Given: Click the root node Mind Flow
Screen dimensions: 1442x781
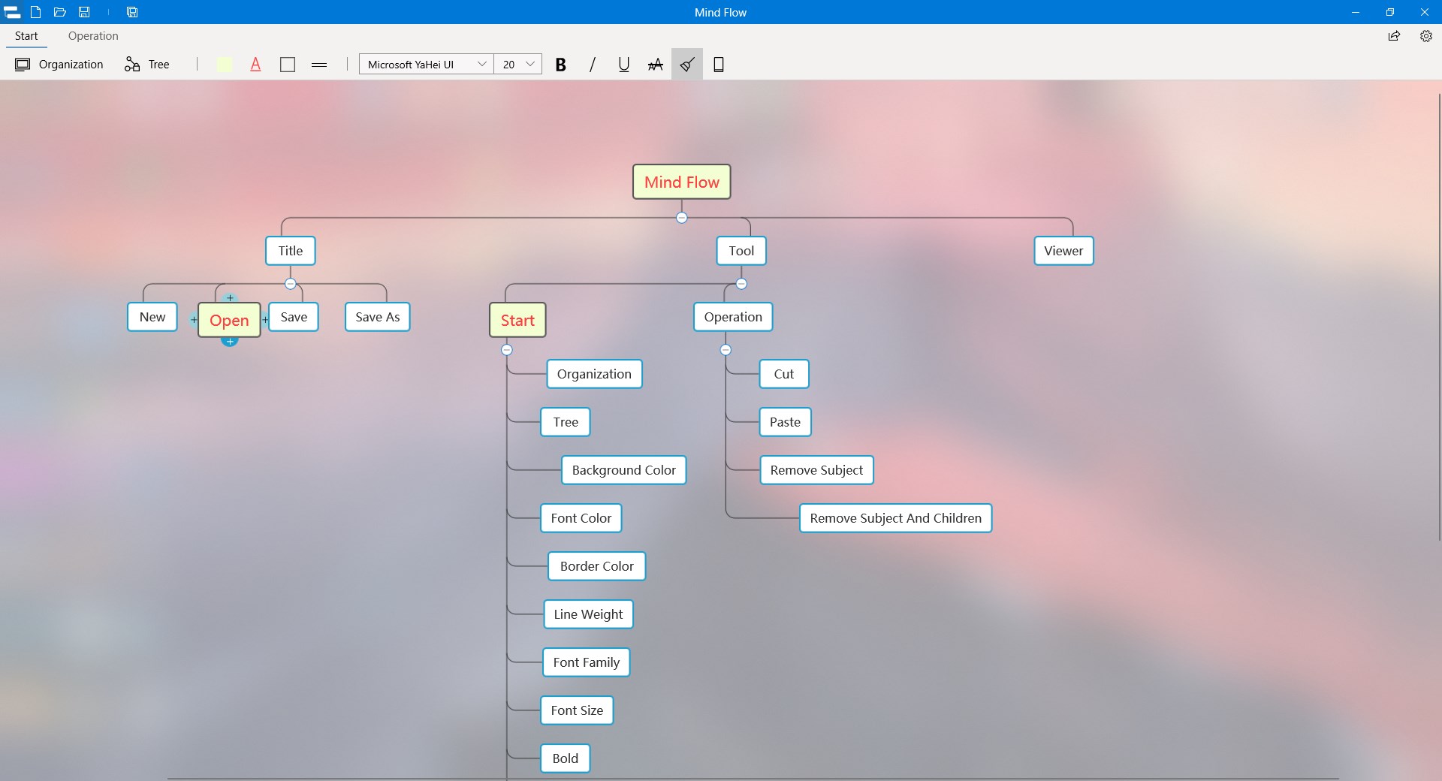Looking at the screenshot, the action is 681,182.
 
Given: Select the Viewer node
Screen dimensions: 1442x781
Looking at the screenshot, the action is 1063,251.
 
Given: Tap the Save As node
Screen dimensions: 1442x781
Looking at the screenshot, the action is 377,317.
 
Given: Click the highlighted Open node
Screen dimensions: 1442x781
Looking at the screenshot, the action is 229,320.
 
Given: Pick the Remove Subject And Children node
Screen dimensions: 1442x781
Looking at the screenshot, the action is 895,518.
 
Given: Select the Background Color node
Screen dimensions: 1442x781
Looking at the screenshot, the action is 623,470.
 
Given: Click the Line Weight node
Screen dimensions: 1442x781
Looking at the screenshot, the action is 588,614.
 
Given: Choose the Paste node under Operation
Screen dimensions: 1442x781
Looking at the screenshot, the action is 785,422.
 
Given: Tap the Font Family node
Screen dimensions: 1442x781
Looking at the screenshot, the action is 586,662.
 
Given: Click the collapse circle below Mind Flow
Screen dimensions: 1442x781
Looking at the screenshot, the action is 681,218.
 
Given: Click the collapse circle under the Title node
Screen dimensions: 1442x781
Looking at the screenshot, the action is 291,284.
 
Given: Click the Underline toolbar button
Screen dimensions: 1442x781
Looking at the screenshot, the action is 623,65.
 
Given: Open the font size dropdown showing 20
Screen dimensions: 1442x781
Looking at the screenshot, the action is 517,65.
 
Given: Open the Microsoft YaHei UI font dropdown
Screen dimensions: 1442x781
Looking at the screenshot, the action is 426,65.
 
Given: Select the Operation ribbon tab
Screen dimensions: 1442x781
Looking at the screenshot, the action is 93,36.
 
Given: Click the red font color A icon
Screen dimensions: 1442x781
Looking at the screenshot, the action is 255,65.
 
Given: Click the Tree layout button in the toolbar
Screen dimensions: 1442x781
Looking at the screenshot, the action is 147,65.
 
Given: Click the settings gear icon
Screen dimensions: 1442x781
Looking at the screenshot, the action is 1425,36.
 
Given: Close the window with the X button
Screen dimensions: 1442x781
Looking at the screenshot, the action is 1424,12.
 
